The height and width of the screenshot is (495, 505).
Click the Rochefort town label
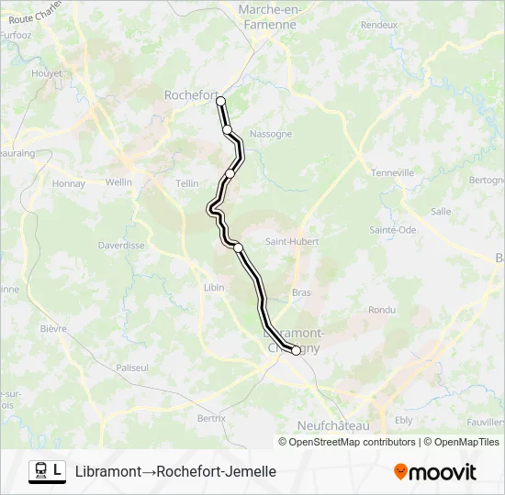[188, 94]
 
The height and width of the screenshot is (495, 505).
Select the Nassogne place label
[271, 134]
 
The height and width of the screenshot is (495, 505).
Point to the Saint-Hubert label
[292, 242]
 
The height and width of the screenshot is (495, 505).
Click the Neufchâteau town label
[333, 425]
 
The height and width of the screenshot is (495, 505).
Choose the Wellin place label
[119, 182]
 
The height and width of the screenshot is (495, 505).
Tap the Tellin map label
[187, 183]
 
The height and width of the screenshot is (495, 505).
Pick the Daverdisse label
[121, 246]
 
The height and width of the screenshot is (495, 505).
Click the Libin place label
[213, 287]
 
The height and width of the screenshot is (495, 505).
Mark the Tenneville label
[394, 173]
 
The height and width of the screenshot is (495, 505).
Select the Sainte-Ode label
[393, 229]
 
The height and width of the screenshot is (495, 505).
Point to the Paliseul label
[132, 368]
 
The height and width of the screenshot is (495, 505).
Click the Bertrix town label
[211, 418]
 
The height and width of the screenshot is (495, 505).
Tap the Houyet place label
[46, 72]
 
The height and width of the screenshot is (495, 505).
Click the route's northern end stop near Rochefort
[220, 101]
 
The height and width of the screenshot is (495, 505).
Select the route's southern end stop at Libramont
[296, 350]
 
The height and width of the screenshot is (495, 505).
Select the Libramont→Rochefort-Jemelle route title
[175, 471]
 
